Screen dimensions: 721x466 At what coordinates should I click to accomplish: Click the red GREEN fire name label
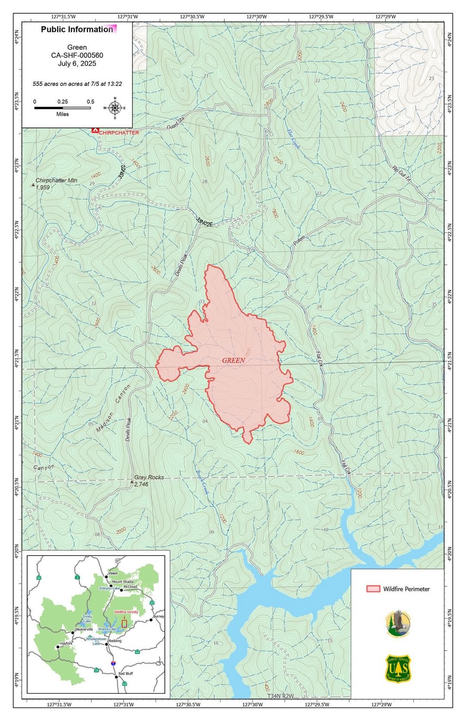pos(233,360)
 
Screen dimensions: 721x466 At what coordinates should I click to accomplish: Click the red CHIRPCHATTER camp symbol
pos(95,130)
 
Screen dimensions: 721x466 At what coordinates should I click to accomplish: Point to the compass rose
pos(115,108)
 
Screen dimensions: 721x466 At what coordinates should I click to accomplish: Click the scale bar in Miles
pos(63,108)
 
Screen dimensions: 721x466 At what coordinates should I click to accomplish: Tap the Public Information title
pos(77,29)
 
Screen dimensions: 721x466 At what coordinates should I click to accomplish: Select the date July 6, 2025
pos(77,64)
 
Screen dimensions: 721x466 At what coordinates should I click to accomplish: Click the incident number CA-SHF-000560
pos(77,55)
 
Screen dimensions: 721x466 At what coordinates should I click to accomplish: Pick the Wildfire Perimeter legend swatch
pos(373,589)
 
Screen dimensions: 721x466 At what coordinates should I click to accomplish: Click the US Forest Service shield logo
pos(398,669)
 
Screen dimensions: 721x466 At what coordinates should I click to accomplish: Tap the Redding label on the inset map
pos(115,641)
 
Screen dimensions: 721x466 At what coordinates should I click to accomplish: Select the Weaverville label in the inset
pos(84,629)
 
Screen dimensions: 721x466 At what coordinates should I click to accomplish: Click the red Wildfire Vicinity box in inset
pos(124,623)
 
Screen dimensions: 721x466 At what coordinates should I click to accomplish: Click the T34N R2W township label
pos(280,696)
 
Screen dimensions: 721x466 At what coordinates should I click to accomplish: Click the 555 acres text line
pos(77,84)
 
